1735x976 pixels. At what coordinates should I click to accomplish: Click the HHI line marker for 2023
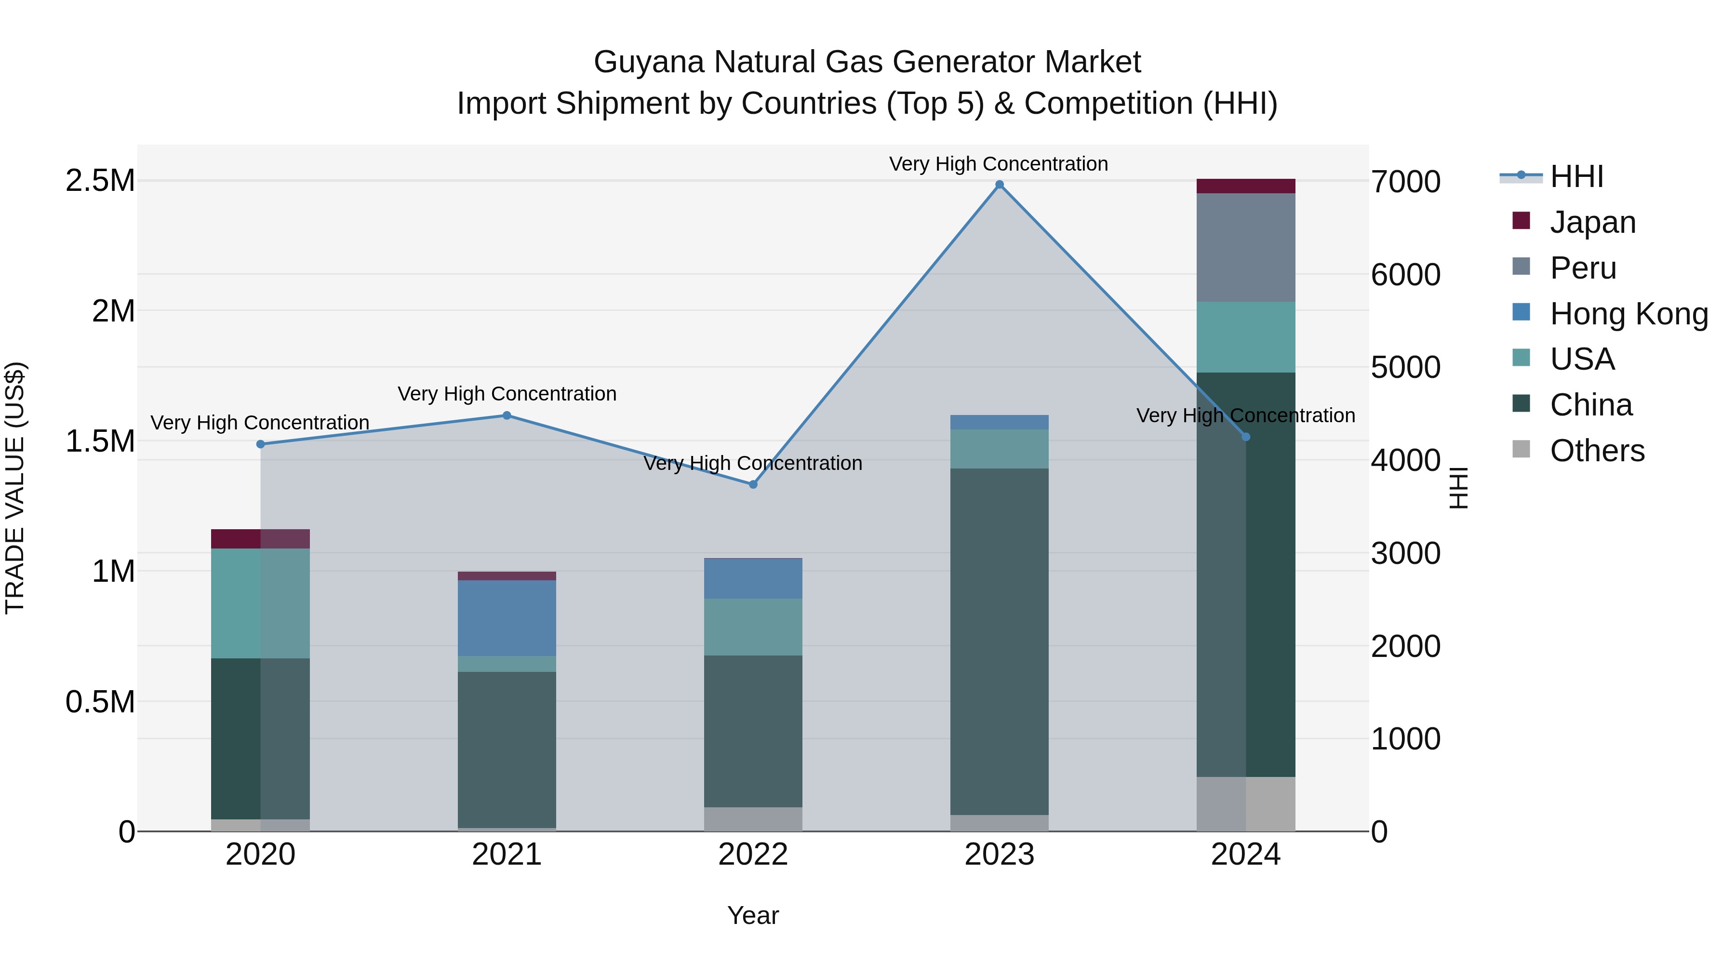1000,185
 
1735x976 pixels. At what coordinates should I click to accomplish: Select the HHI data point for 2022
753,484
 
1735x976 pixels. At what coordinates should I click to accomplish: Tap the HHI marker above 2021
507,415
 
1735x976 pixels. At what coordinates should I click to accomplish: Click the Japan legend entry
1592,222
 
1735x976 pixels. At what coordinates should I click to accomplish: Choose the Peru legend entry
1583,268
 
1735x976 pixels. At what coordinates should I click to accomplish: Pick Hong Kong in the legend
1628,314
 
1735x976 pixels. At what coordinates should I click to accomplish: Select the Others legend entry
1597,451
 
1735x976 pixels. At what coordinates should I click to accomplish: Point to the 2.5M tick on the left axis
100,181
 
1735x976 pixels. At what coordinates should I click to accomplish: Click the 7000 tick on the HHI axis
1406,182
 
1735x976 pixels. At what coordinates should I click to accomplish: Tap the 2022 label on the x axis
753,855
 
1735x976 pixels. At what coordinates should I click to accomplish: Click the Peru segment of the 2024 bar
1245,247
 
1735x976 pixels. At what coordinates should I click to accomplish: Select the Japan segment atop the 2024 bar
1245,186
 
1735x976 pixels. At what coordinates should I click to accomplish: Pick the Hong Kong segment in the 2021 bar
507,618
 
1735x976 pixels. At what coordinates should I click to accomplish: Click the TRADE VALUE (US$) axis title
15,488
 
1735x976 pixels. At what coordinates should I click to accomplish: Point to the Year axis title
753,915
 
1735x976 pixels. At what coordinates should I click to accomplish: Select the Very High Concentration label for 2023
998,164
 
